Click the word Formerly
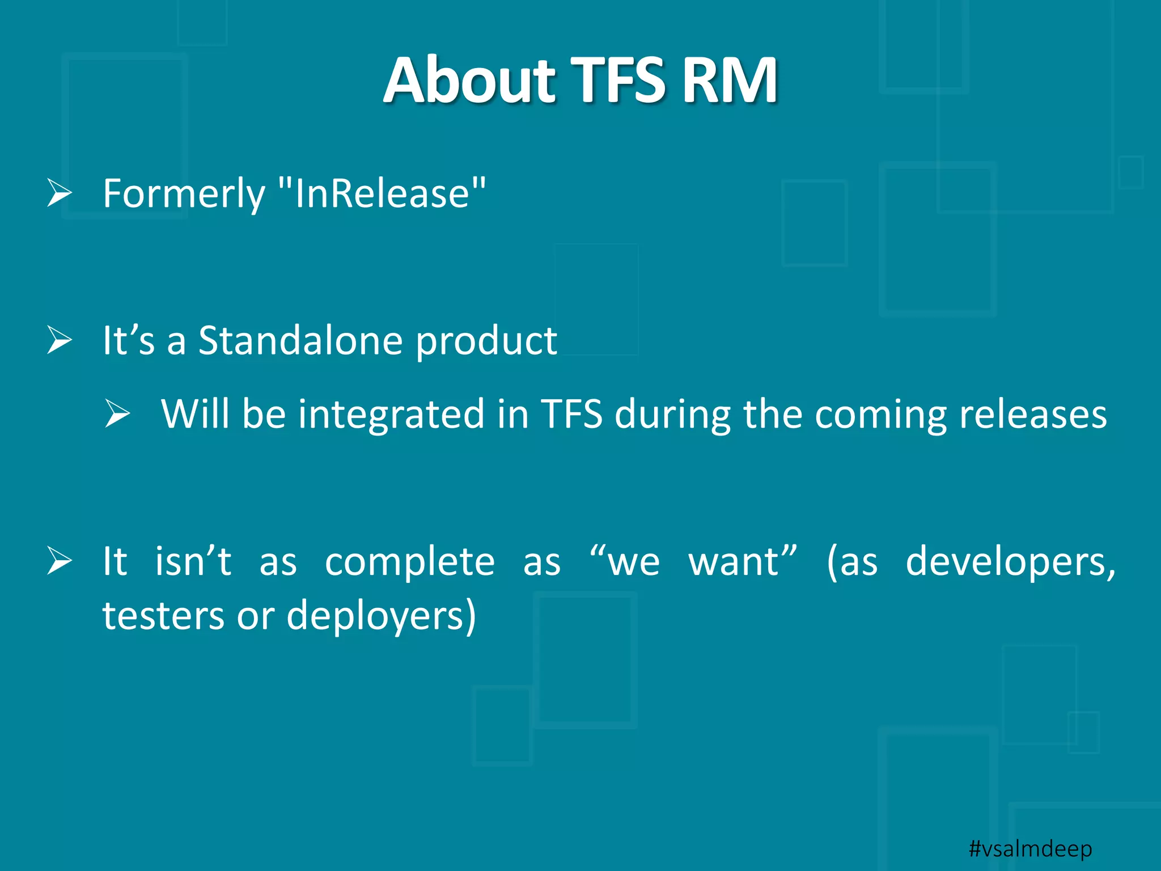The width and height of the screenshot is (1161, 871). pyautogui.click(x=184, y=195)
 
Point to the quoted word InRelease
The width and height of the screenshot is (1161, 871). pyautogui.click(x=383, y=193)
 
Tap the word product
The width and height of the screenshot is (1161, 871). pyautogui.click(x=486, y=342)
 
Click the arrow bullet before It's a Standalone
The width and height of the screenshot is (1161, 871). pyautogui.click(x=60, y=340)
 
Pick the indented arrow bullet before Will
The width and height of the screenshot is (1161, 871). pyautogui.click(x=118, y=413)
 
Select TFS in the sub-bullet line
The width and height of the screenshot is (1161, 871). pyautogui.click(x=571, y=413)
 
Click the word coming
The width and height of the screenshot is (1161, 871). pyautogui.click(x=880, y=415)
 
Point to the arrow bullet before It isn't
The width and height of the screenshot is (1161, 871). pyautogui.click(x=60, y=561)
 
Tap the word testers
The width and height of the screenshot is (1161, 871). pyautogui.click(x=163, y=616)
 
